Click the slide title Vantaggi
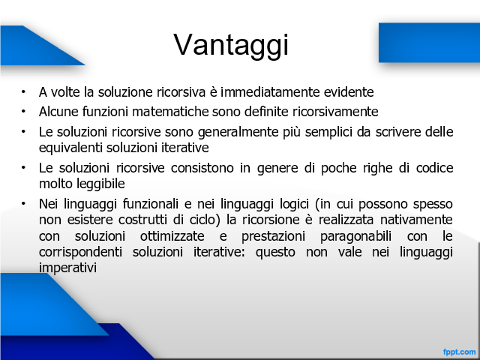[231, 45]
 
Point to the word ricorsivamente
[335, 112]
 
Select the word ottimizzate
[172, 236]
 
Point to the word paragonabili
[355, 237]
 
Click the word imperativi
[67, 268]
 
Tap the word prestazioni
[273, 237]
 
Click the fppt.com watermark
[459, 352]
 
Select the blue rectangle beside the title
[429, 43]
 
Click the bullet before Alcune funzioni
[23, 112]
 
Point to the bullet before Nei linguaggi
[23, 203]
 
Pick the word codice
[434, 168]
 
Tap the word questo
[275, 253]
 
